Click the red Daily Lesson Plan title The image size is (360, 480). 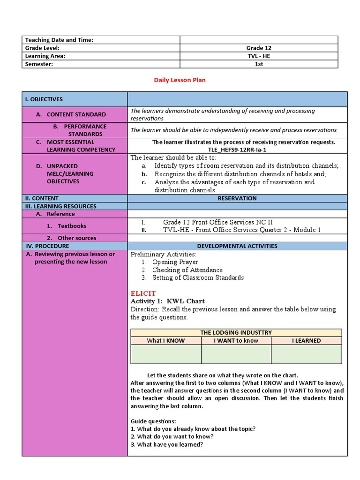click(x=180, y=80)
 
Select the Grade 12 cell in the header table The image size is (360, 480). click(x=258, y=48)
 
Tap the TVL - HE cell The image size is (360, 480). click(x=258, y=56)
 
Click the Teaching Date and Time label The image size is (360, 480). click(x=59, y=40)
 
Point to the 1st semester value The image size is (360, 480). click(x=258, y=64)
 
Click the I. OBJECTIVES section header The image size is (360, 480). click(x=44, y=99)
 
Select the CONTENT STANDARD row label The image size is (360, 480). click(x=76, y=114)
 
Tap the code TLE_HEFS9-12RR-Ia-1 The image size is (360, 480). click(x=237, y=150)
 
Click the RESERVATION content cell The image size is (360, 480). click(x=237, y=198)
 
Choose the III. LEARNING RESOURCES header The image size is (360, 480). click(x=61, y=206)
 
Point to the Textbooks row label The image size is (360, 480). click(x=72, y=226)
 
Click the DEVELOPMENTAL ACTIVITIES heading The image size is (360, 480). click(x=237, y=246)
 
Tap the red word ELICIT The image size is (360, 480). click(x=143, y=293)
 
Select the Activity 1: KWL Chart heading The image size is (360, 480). click(x=167, y=301)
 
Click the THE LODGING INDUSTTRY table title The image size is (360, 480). click(x=236, y=333)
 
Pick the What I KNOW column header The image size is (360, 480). click(x=166, y=341)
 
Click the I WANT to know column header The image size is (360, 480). click(x=236, y=341)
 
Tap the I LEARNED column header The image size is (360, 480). click(x=307, y=341)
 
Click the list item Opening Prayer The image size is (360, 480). click(x=175, y=262)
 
